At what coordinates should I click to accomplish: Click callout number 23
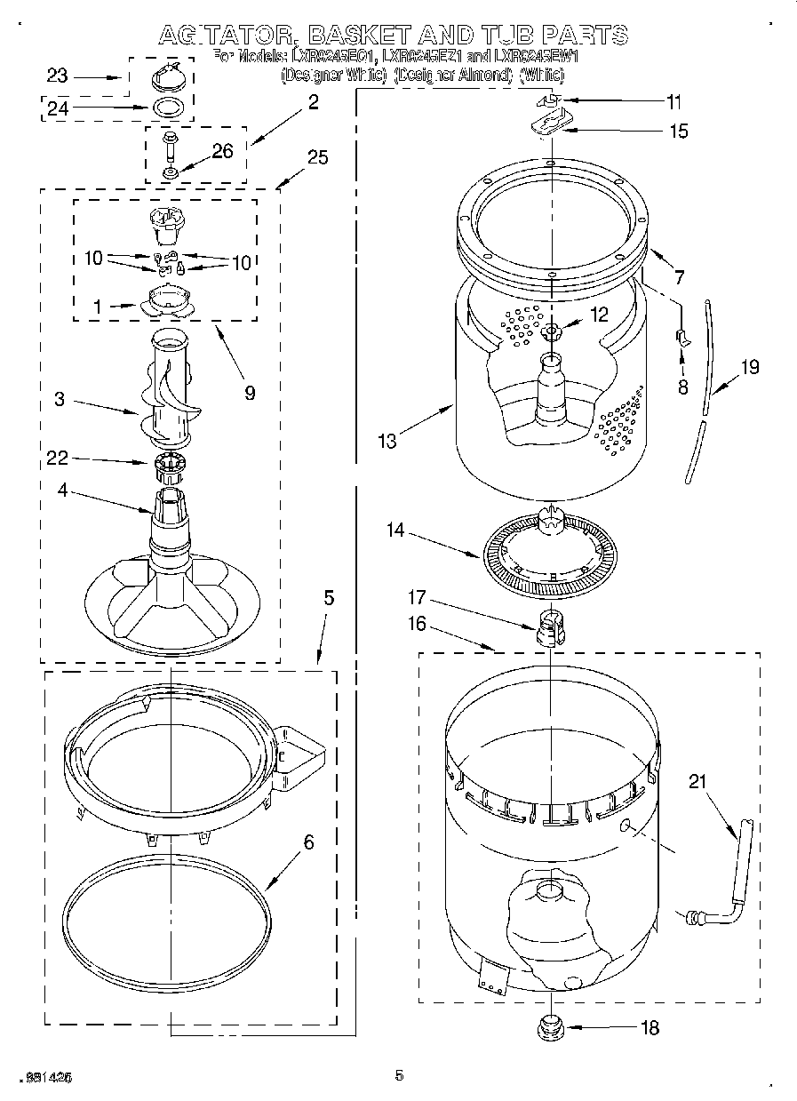(x=57, y=76)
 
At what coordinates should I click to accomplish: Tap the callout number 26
(x=222, y=151)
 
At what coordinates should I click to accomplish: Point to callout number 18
(x=650, y=1027)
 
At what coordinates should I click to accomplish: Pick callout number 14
(x=395, y=531)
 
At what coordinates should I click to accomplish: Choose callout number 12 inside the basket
(x=599, y=314)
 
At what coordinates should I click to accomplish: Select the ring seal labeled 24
(x=170, y=109)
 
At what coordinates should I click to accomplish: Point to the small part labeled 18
(x=551, y=1027)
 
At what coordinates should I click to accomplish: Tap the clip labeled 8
(x=681, y=336)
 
